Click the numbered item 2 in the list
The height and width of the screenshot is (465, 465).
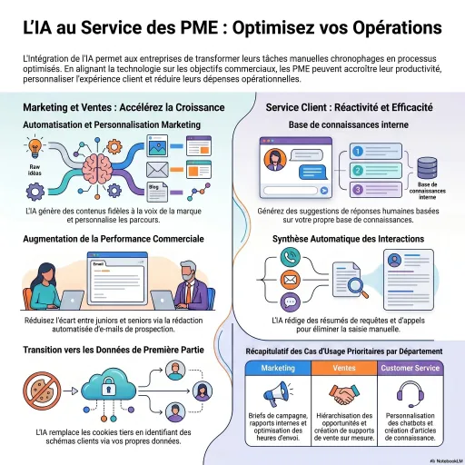click(x=359, y=170)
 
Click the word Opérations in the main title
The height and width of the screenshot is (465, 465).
click(x=387, y=27)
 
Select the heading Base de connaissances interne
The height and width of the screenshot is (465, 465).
click(x=349, y=124)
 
